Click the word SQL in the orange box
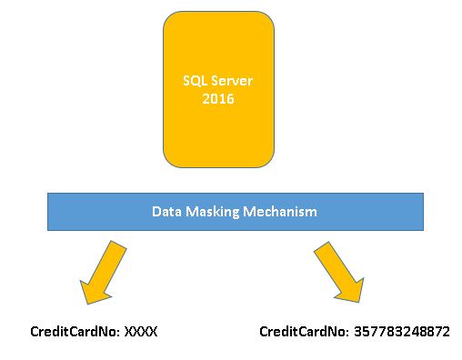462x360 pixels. pos(194,80)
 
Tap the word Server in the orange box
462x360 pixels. pos(230,80)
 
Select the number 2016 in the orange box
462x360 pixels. pos(218,98)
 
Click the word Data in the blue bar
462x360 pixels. pos(166,211)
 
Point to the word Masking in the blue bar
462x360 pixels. pos(215,211)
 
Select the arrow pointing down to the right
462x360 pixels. pos(337,272)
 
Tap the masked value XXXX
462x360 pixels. pos(141,332)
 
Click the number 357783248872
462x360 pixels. pos(400,332)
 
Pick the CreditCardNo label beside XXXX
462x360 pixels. pos(74,332)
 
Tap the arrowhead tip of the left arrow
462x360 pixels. pos(85,304)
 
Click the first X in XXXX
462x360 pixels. pos(128,332)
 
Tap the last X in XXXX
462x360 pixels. pos(154,332)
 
